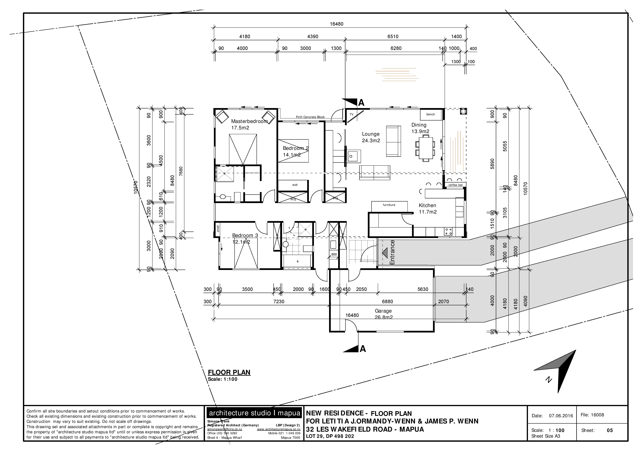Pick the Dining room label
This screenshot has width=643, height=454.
coord(419,125)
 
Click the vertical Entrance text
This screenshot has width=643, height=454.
coord(392,252)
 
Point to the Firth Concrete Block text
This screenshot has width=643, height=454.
coord(310,117)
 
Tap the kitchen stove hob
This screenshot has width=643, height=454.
coord(448,231)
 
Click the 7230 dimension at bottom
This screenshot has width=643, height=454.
coord(279,302)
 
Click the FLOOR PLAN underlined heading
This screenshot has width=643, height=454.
coord(229,372)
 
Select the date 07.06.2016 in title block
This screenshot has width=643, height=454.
coord(561,416)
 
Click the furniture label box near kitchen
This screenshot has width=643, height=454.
coord(389,205)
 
